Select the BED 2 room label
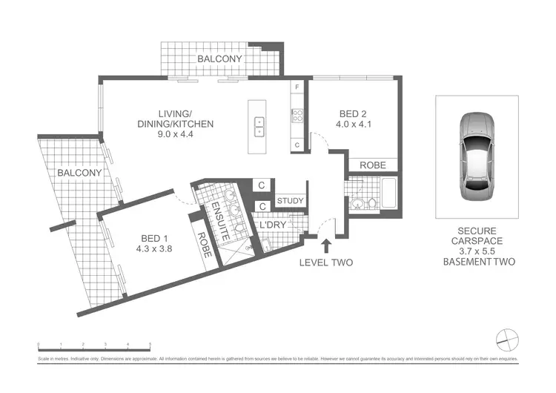click(x=354, y=113)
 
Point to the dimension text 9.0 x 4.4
click(x=175, y=134)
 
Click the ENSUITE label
click(x=220, y=220)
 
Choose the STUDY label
click(x=288, y=200)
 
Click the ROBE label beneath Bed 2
click(x=372, y=165)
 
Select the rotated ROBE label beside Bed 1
click(x=204, y=244)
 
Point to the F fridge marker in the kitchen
click(x=297, y=88)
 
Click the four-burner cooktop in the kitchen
click(x=297, y=115)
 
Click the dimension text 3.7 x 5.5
click(x=477, y=251)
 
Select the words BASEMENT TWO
click(x=477, y=262)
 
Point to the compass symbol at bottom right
click(x=507, y=340)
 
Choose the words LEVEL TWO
click(x=325, y=262)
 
